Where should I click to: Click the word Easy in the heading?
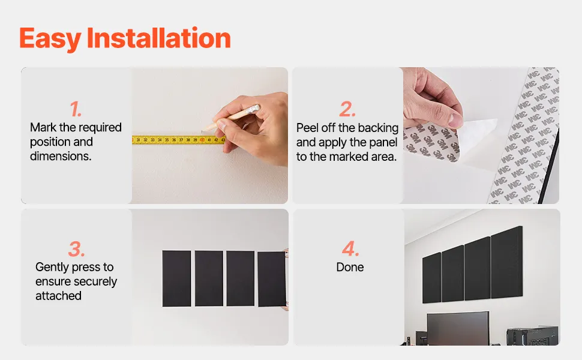pos(50,38)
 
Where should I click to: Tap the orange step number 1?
pos(76,109)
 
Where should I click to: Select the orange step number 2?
pos(347,109)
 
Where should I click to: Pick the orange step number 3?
pos(76,248)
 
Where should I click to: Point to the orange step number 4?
pos(350,248)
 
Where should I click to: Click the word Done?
pos(350,267)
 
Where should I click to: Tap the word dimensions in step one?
pos(61,156)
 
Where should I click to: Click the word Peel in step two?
pos(307,128)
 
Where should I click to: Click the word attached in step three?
pos(58,296)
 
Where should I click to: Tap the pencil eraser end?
pos(254,109)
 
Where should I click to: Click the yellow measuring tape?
pos(179,140)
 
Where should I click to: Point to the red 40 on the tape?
pos(202,140)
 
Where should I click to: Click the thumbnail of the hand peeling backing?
pos(481,136)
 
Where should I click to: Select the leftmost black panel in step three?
pos(176,279)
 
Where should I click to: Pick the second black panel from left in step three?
pos(209,279)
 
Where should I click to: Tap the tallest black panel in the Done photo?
pos(506,262)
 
